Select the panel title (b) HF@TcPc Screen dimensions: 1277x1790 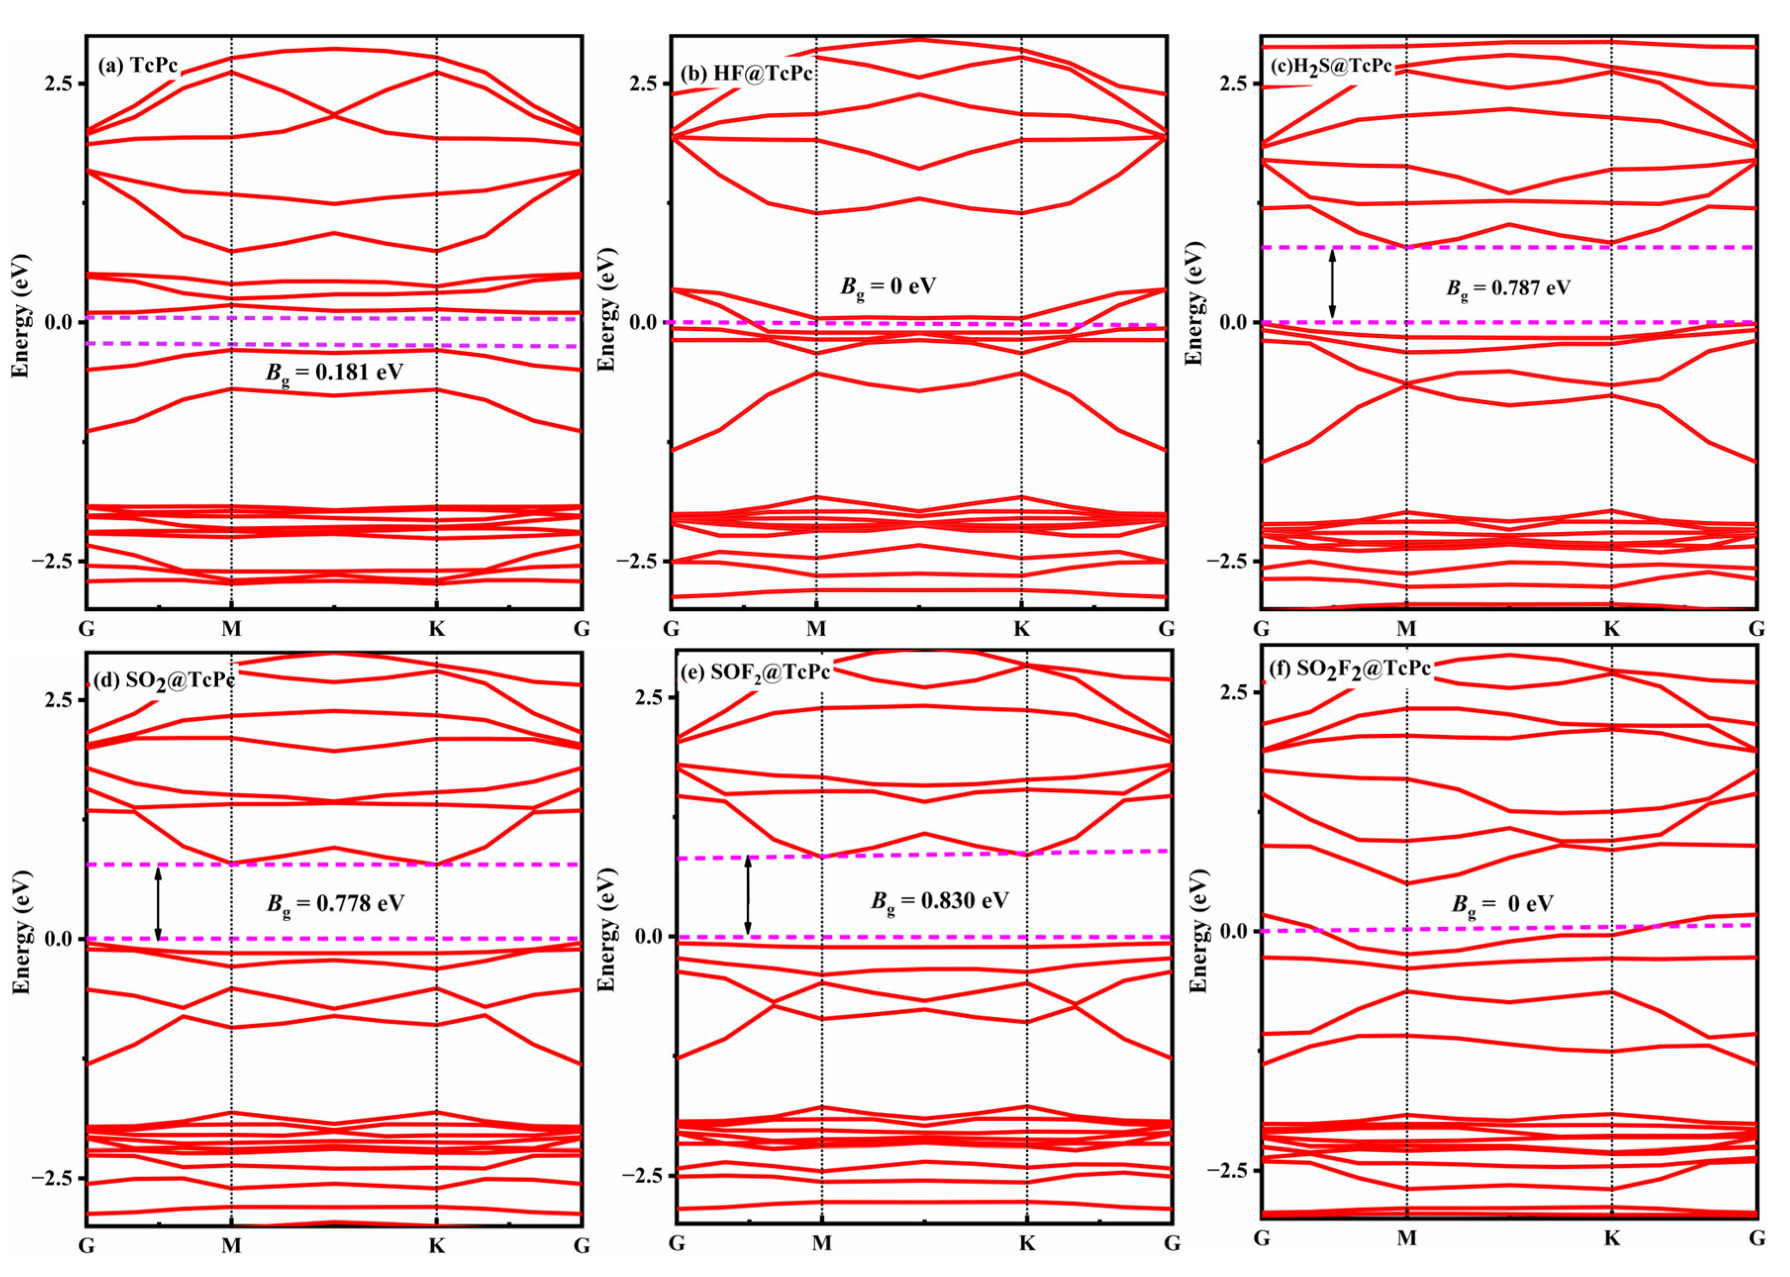point(746,73)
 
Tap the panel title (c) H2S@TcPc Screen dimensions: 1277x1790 point(1331,66)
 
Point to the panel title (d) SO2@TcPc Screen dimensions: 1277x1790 point(164,680)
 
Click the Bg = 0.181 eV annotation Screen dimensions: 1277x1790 point(334,372)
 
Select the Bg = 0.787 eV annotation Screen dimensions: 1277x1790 point(1508,288)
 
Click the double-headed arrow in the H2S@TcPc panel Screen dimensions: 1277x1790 point(1332,284)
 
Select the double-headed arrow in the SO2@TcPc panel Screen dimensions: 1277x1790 point(158,902)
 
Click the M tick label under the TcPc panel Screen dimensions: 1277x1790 point(231,628)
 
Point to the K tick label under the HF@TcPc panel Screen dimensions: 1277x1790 point(1021,628)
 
